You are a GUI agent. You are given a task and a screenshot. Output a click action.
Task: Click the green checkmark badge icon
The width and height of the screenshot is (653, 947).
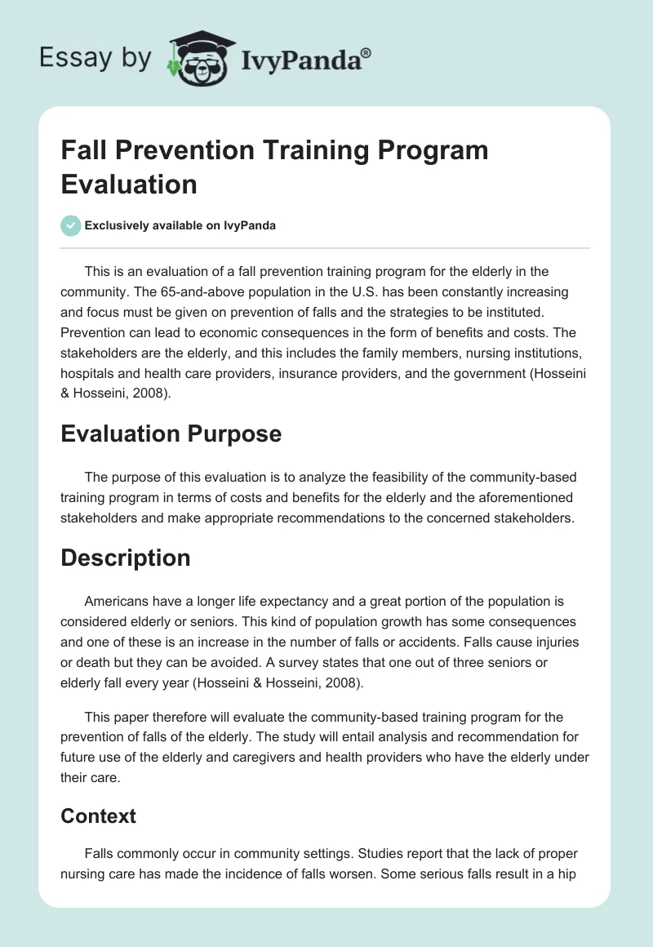click(70, 225)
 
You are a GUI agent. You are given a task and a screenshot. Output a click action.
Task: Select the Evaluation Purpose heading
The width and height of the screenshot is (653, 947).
click(171, 433)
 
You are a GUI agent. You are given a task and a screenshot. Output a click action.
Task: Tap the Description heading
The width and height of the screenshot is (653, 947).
click(125, 558)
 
